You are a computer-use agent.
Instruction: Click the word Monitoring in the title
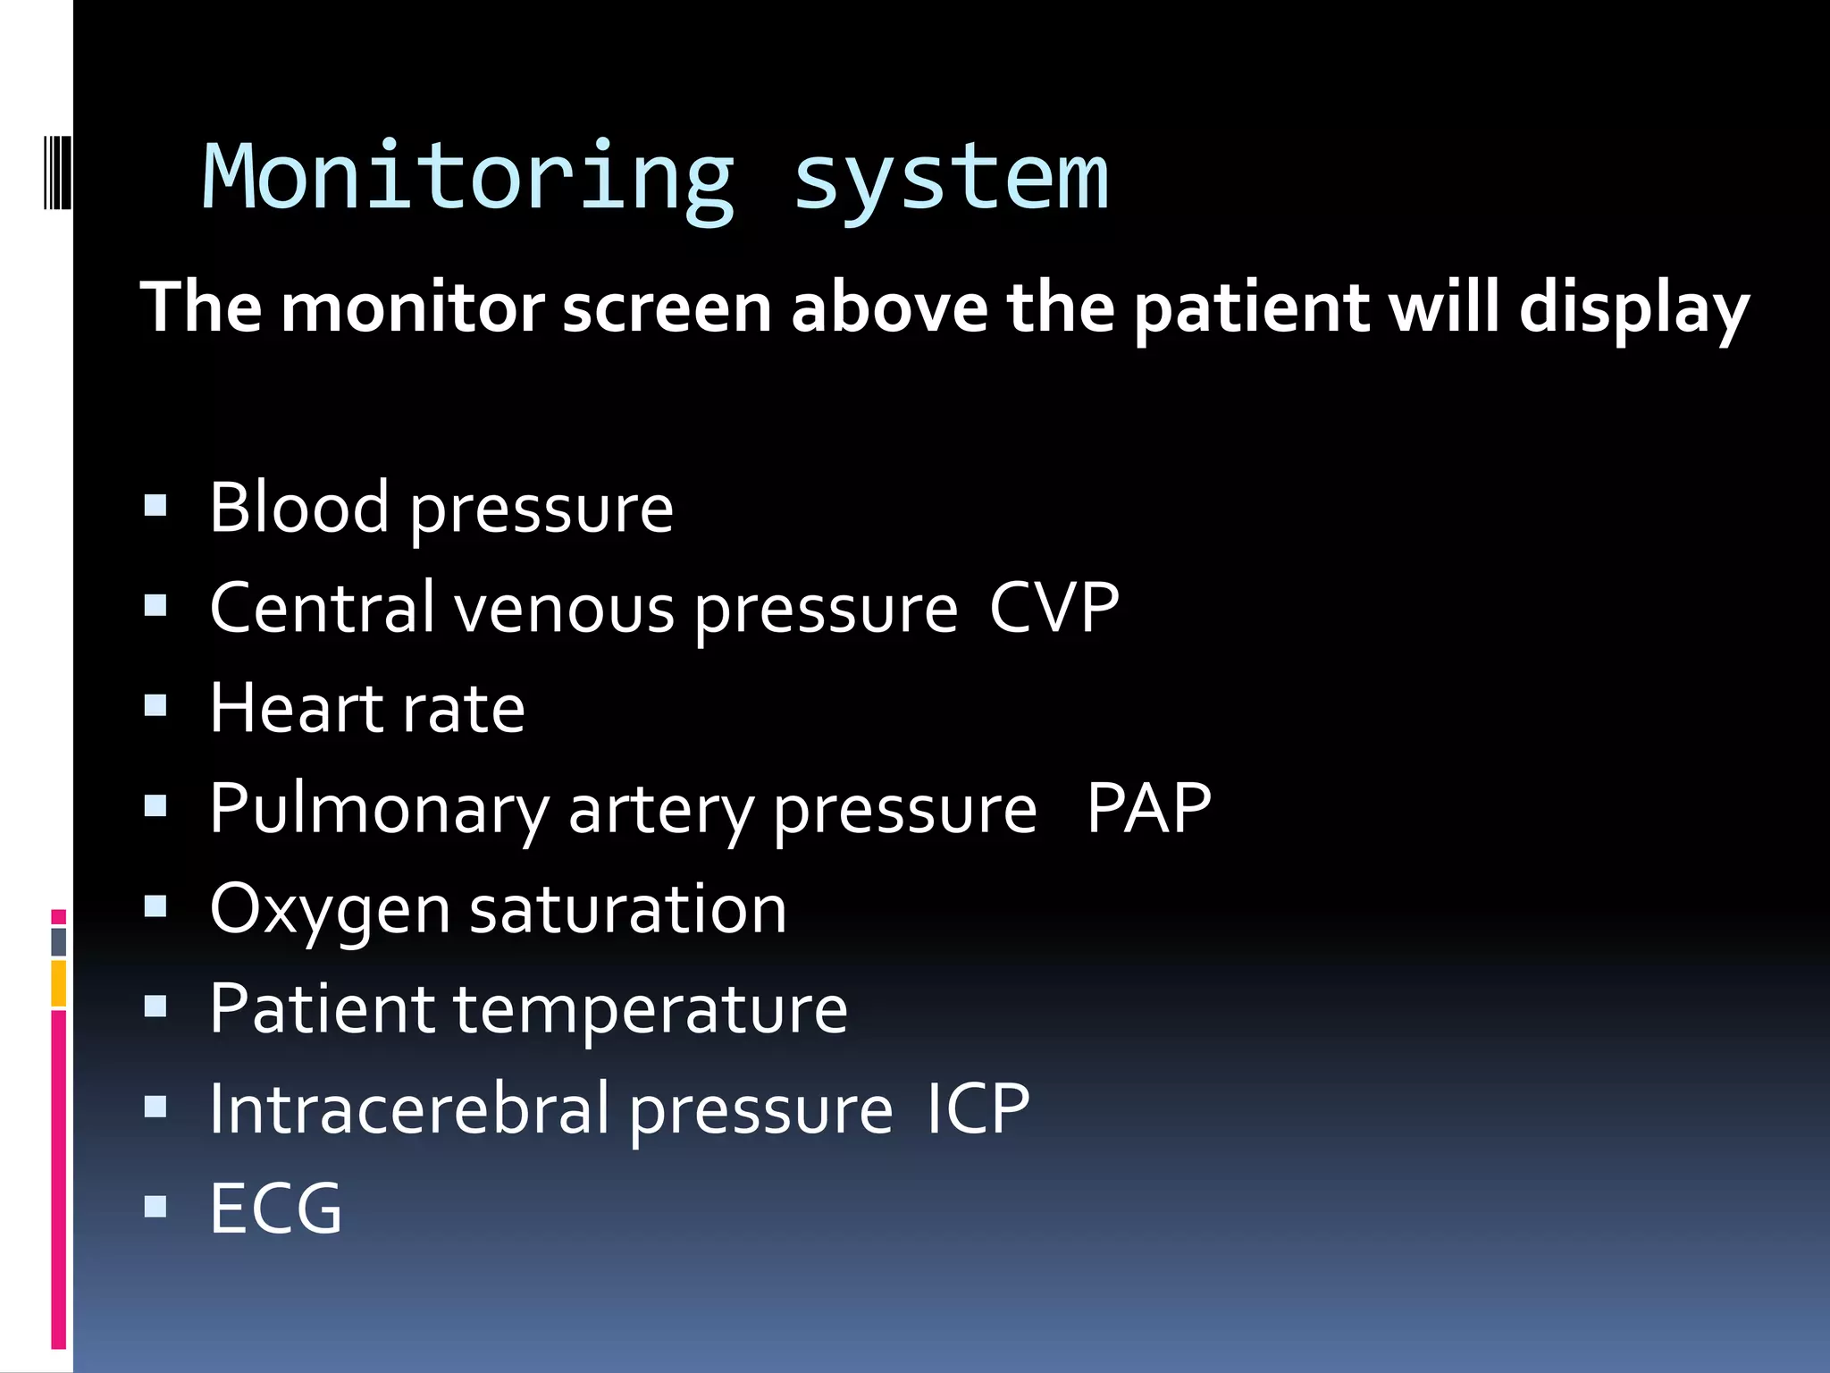tap(468, 179)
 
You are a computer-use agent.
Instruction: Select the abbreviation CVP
tap(1054, 608)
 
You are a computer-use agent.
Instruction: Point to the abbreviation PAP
tap(1148, 808)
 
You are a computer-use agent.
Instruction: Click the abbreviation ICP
tap(978, 1108)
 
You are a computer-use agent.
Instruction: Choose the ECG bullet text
tap(276, 1209)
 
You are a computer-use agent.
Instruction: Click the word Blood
tap(299, 508)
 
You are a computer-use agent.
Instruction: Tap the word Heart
tap(294, 708)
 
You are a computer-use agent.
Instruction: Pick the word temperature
tap(651, 1010)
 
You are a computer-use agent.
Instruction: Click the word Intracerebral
tap(409, 1108)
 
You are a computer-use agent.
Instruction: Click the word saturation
tap(628, 910)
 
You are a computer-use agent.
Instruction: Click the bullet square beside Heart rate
tap(155, 707)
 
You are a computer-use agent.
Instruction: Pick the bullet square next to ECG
tap(155, 1208)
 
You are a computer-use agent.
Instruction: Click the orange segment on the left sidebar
tap(59, 983)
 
